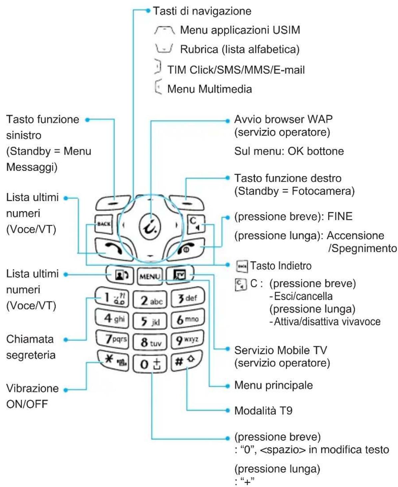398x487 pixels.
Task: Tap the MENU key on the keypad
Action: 150,276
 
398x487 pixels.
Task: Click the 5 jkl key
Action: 150,321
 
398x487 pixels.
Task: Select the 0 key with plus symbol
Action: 150,364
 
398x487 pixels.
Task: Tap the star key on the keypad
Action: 113,360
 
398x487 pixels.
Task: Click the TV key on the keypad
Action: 180,274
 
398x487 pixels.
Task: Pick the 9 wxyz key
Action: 188,340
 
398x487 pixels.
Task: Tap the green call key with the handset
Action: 113,249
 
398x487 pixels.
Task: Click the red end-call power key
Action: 186,249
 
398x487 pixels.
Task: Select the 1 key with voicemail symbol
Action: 112,297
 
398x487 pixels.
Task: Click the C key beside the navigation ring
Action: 196,224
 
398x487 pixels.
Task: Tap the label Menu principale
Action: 273,385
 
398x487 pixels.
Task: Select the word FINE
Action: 340,216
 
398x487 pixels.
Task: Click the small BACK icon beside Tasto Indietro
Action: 242,266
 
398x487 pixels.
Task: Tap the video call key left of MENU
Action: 120,275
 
